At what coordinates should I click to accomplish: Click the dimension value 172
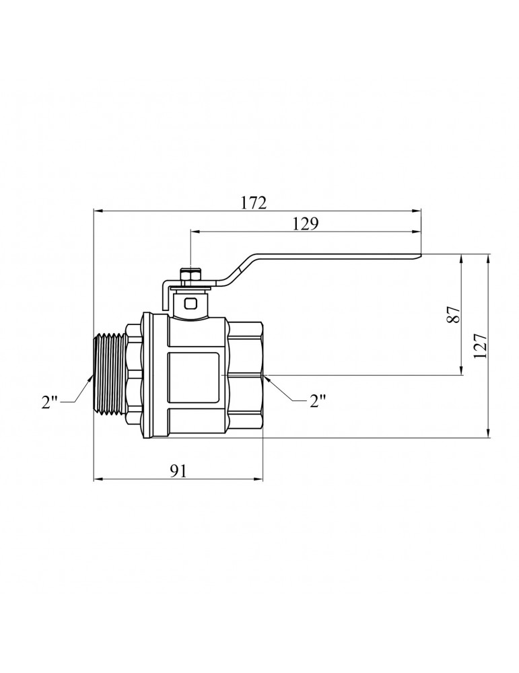pyautogui.click(x=253, y=203)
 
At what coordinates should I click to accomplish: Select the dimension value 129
pyautogui.click(x=305, y=223)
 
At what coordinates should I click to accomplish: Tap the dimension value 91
pyautogui.click(x=178, y=471)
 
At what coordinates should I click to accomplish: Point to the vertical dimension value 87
pyautogui.click(x=454, y=314)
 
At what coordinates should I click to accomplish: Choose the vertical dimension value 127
pyautogui.click(x=481, y=345)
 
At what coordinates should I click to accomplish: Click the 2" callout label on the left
pyautogui.click(x=49, y=402)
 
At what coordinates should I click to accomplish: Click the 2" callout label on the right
pyautogui.click(x=317, y=401)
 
